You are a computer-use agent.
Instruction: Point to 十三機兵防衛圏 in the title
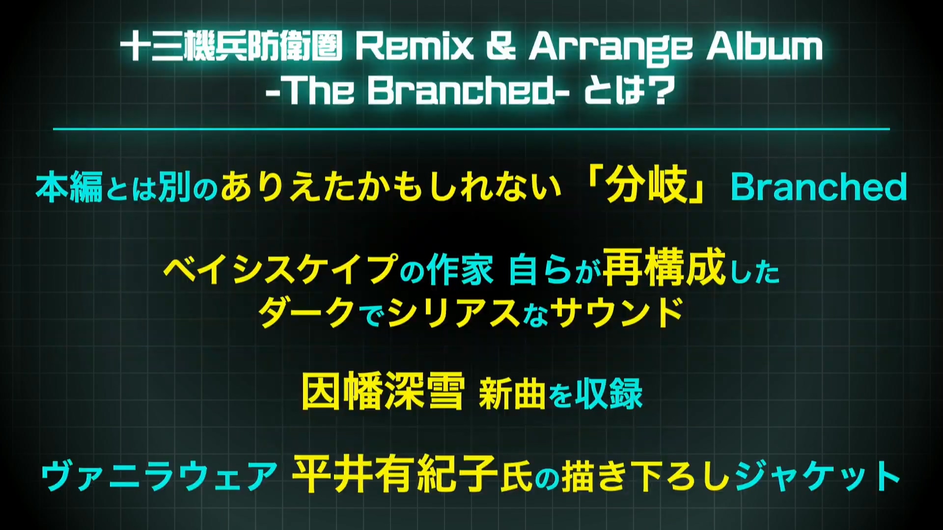pyautogui.click(x=231, y=47)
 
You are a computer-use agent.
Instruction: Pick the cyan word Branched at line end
pyautogui.click(x=819, y=187)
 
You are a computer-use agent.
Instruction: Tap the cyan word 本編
pyautogui.click(x=69, y=187)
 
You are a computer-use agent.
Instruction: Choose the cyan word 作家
pyautogui.click(x=460, y=270)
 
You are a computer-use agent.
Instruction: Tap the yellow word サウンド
pyautogui.click(x=617, y=313)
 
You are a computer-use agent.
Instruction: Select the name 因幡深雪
pyautogui.click(x=383, y=391)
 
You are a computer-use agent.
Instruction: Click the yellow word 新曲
pyautogui.click(x=512, y=394)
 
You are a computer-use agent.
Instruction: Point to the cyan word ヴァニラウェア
pyautogui.click(x=160, y=476)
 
